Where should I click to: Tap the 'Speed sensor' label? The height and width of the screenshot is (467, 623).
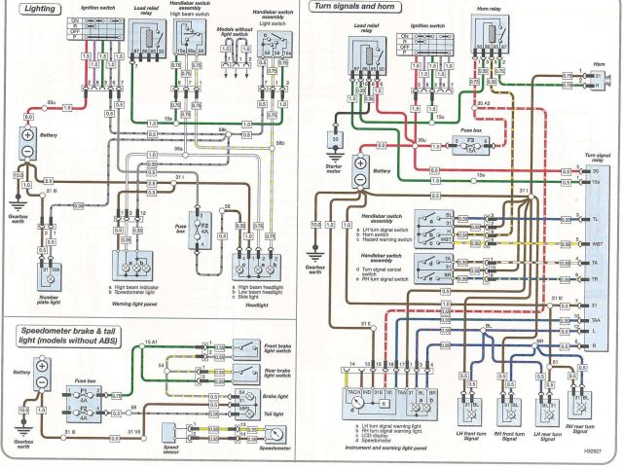point(173,429)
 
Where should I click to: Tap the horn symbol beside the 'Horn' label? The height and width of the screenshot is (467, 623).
point(605,79)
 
